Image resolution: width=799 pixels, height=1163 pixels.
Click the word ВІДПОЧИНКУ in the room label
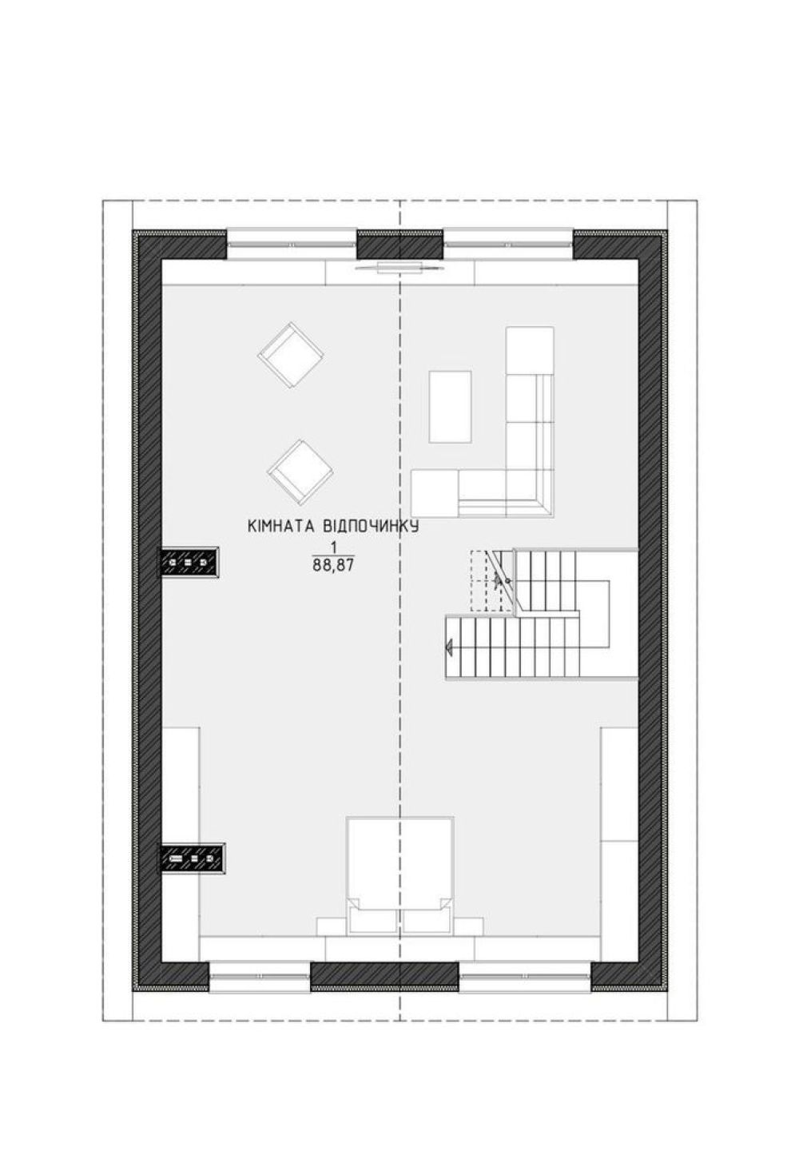click(x=371, y=527)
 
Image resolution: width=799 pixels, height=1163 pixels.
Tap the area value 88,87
click(x=333, y=565)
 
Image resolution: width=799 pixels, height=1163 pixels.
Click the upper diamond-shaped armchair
click(x=291, y=355)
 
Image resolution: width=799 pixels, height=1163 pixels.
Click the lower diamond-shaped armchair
click(x=300, y=472)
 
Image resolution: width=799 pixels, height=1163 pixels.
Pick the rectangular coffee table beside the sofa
click(x=450, y=407)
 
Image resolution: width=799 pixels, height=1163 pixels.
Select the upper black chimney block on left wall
click(x=189, y=562)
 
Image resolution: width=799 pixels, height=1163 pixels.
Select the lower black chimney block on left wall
click(x=192, y=858)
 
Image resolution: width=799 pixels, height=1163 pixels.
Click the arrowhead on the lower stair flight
click(x=449, y=647)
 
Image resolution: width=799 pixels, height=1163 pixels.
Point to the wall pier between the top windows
click(x=399, y=245)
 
